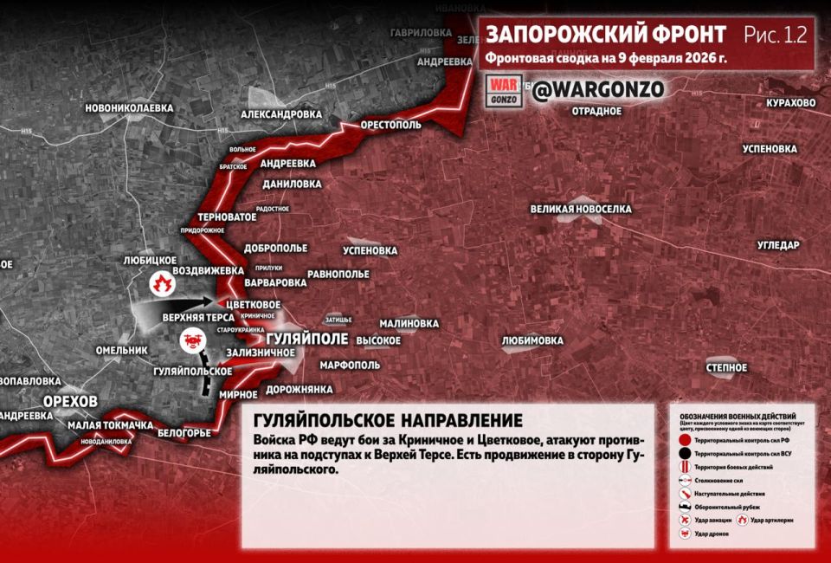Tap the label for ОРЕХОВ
(x=70, y=400)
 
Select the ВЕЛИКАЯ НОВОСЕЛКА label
(x=581, y=209)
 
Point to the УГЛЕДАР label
(x=778, y=245)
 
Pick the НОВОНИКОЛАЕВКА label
(x=129, y=108)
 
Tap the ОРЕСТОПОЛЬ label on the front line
(x=391, y=125)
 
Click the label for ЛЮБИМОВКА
(x=532, y=340)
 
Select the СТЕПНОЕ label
(x=726, y=368)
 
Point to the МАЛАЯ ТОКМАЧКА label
(x=111, y=425)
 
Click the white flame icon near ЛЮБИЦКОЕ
(x=160, y=281)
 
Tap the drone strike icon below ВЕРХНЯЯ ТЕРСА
(x=189, y=341)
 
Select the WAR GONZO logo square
(x=504, y=91)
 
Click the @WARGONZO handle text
(x=598, y=90)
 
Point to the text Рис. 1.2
(x=775, y=35)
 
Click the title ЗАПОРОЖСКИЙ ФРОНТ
(x=606, y=35)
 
